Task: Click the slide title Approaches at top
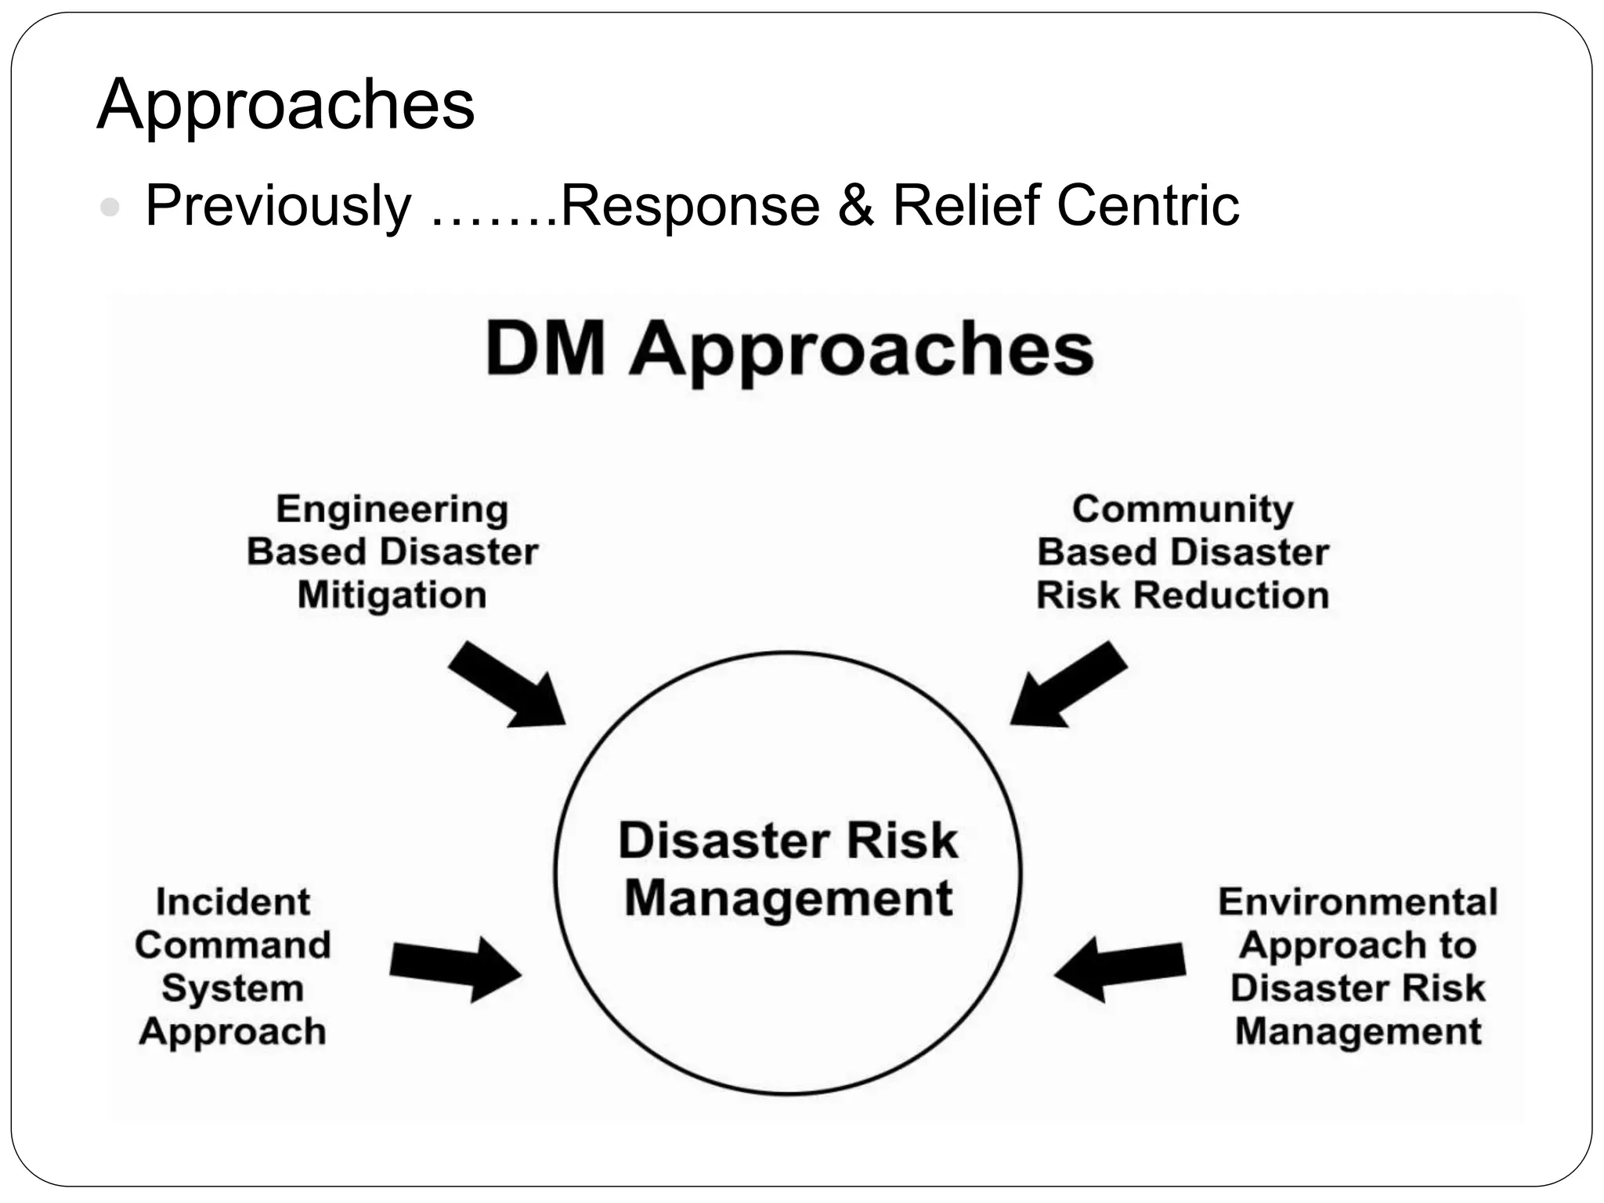coord(285,105)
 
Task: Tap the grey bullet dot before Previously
coord(110,208)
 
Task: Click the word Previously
coord(278,206)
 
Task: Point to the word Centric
coord(1147,206)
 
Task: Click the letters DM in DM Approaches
coord(545,349)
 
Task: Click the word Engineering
coord(392,510)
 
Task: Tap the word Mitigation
coord(392,595)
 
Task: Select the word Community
coord(1182,510)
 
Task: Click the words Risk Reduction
coord(1182,595)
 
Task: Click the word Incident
coord(233,902)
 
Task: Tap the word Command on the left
coord(233,945)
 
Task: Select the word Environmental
coord(1357,902)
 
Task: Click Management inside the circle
coord(788,898)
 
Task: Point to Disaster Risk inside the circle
coord(788,841)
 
